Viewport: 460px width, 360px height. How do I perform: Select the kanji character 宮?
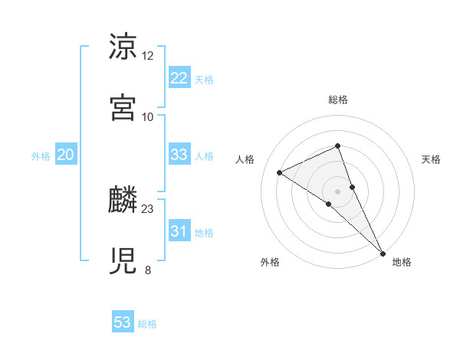(123, 106)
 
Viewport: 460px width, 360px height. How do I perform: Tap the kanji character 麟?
(123, 198)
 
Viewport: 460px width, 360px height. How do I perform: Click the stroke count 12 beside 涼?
(148, 55)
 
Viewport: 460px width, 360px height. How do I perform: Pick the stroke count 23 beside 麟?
(148, 208)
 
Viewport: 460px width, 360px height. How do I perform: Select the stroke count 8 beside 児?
(148, 270)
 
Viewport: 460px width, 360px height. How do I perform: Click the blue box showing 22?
(179, 78)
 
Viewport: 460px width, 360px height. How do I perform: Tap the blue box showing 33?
(179, 155)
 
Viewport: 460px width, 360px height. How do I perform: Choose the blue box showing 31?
(179, 231)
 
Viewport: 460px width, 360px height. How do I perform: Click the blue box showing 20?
(66, 155)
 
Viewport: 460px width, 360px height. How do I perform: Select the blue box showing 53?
(123, 322)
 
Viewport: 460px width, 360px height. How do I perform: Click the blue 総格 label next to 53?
(147, 324)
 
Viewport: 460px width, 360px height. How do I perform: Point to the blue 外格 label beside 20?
(41, 156)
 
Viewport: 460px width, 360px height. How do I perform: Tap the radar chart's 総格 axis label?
(338, 100)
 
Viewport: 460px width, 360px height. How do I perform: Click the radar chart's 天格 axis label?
(432, 159)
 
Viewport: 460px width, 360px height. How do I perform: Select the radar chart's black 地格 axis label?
(402, 262)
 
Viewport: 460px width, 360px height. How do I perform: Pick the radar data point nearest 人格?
(280, 172)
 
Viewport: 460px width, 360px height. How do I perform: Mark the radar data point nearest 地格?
(383, 252)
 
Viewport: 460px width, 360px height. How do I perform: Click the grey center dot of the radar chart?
(338, 191)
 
